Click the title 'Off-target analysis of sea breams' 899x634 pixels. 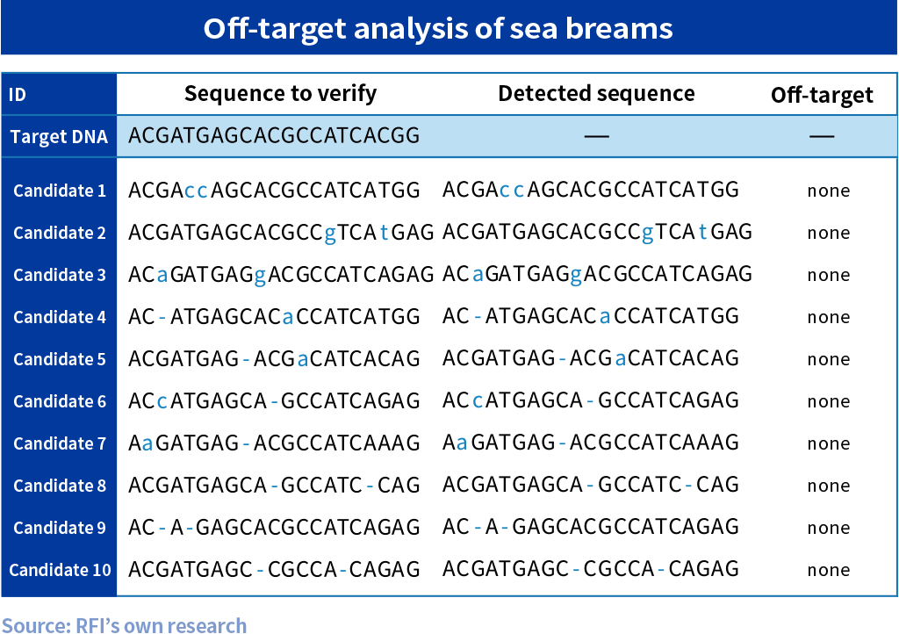[x=438, y=28]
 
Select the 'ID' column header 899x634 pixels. [x=18, y=94]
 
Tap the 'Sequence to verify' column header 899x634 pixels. [x=280, y=93]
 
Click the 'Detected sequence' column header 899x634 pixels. [x=596, y=93]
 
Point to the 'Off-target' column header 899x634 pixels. [x=822, y=95]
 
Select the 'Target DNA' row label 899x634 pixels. [x=59, y=136]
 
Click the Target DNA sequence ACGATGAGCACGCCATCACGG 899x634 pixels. [x=274, y=135]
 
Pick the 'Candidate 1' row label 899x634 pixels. [x=60, y=191]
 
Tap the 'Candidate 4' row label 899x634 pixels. [x=60, y=317]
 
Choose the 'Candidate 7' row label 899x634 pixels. [x=60, y=443]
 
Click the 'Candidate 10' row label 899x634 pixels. [x=61, y=570]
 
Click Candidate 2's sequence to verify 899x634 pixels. [x=281, y=232]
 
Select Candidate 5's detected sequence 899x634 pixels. [x=591, y=358]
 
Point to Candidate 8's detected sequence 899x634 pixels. [x=591, y=485]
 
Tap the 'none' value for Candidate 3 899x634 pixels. [x=829, y=275]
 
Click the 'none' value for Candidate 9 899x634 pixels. [x=829, y=528]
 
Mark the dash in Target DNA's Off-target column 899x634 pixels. [x=822, y=136]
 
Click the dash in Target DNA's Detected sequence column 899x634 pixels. [x=596, y=136]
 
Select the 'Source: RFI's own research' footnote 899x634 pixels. [x=125, y=625]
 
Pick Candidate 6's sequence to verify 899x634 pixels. [x=274, y=400]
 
